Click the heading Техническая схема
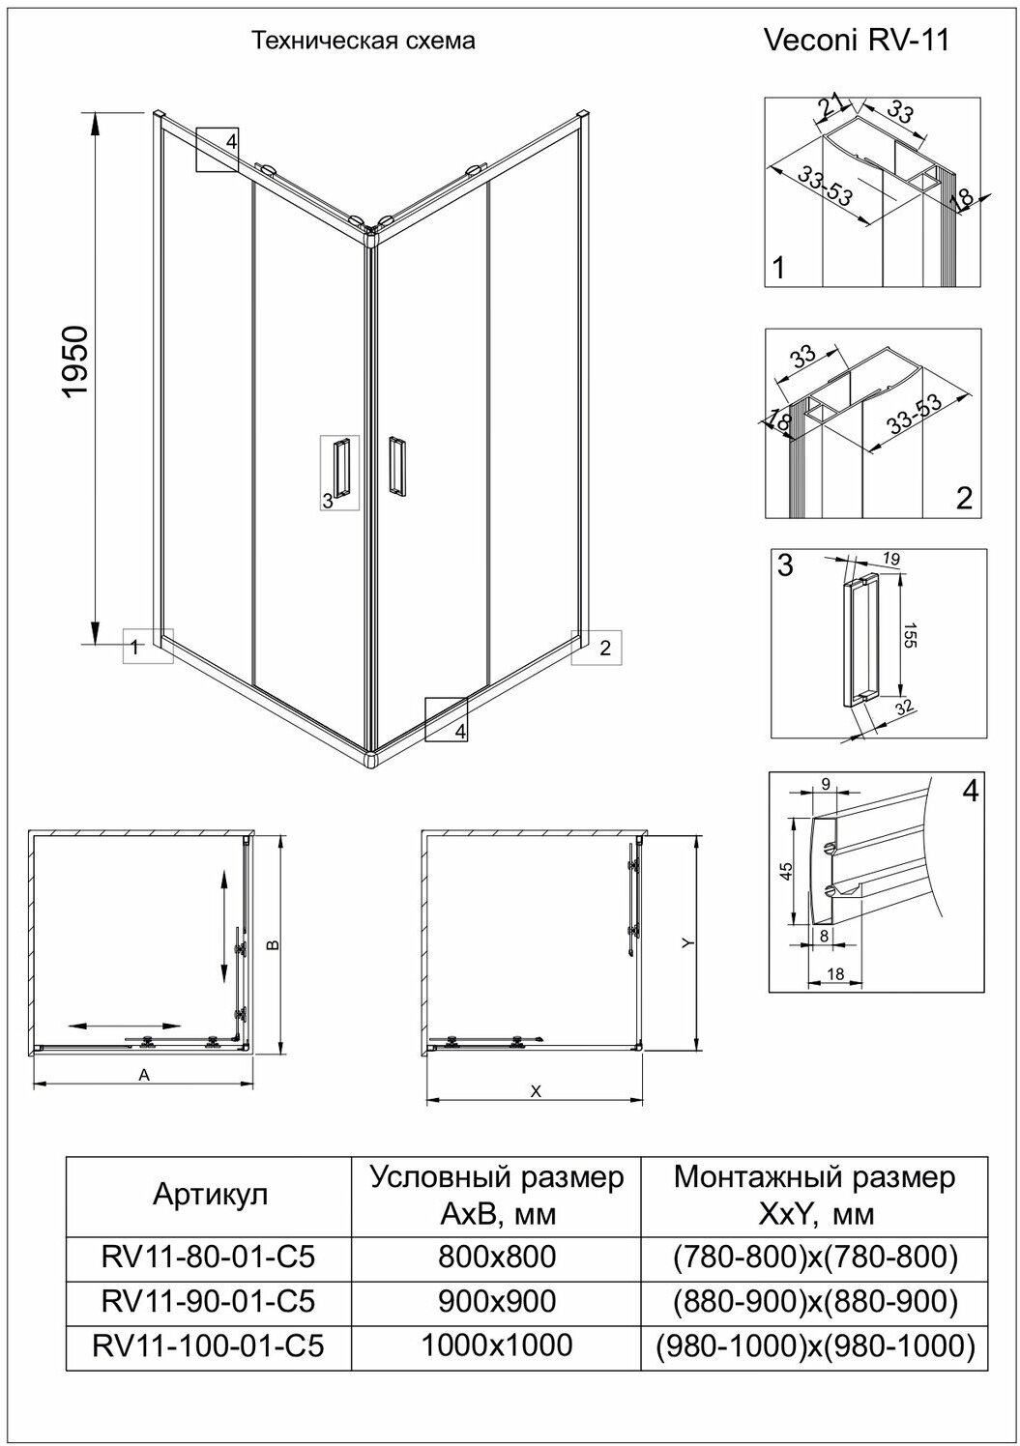(364, 42)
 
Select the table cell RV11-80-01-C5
(208, 1257)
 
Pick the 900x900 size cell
(497, 1301)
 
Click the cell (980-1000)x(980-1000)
(814, 1345)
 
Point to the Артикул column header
(211, 1195)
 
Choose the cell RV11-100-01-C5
(208, 1345)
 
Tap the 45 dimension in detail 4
(786, 873)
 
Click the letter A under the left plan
(144, 1074)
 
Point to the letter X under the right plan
(535, 1090)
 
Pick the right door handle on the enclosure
(396, 467)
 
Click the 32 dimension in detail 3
(905, 709)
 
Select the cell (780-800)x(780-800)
(814, 1257)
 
